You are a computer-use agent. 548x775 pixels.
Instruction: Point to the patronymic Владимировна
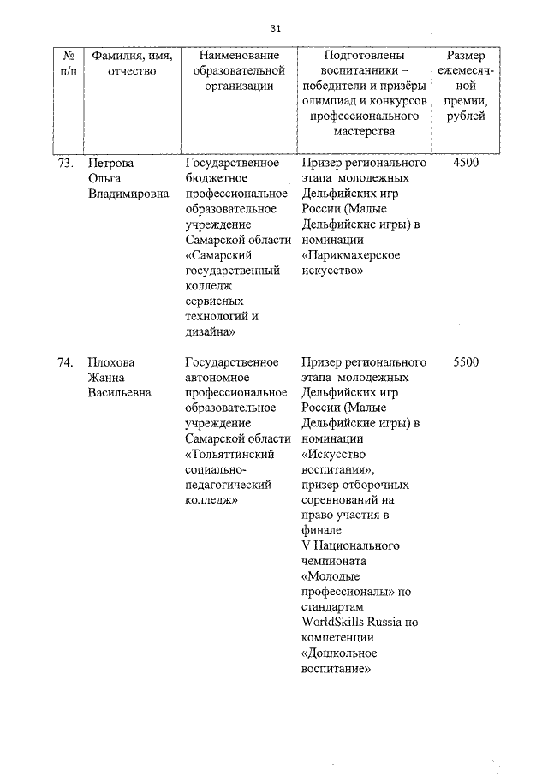click(x=128, y=194)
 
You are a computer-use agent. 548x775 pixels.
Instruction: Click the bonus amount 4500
click(x=466, y=163)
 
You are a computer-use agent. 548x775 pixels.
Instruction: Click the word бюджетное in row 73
click(x=217, y=178)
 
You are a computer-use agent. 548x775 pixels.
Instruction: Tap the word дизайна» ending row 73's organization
click(x=211, y=332)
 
